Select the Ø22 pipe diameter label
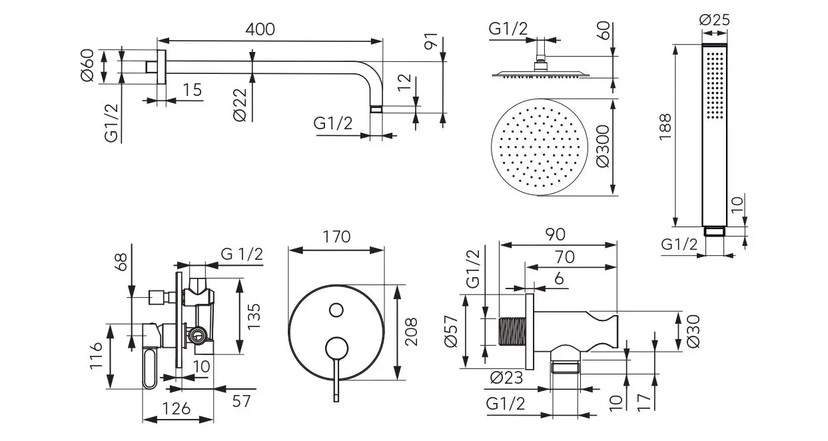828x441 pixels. pos(241,105)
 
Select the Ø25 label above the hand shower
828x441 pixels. pos(714,20)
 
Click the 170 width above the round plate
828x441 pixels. pos(336,236)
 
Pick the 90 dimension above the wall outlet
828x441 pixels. pos(555,234)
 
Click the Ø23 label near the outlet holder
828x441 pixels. pos(506,378)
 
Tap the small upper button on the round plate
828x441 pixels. pos(336,310)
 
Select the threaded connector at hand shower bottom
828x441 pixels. pos(714,232)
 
